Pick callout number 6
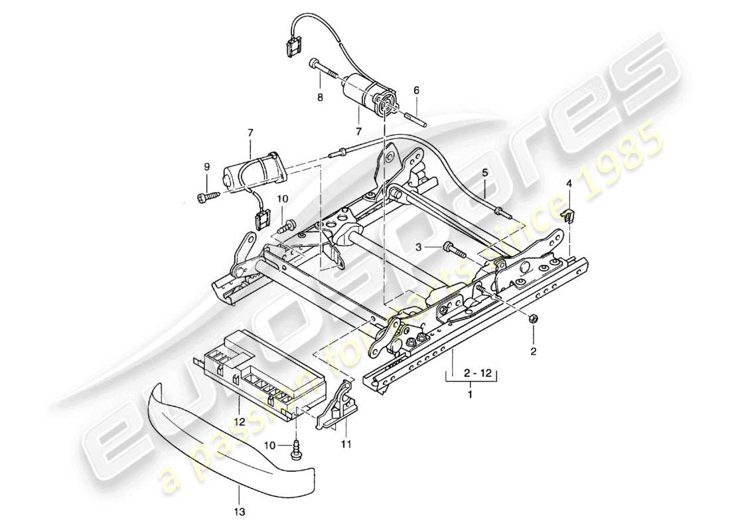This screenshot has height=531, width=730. pyautogui.click(x=416, y=90)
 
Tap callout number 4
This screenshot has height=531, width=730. pyautogui.click(x=569, y=184)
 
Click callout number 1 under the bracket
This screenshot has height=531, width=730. pyautogui.click(x=471, y=396)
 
